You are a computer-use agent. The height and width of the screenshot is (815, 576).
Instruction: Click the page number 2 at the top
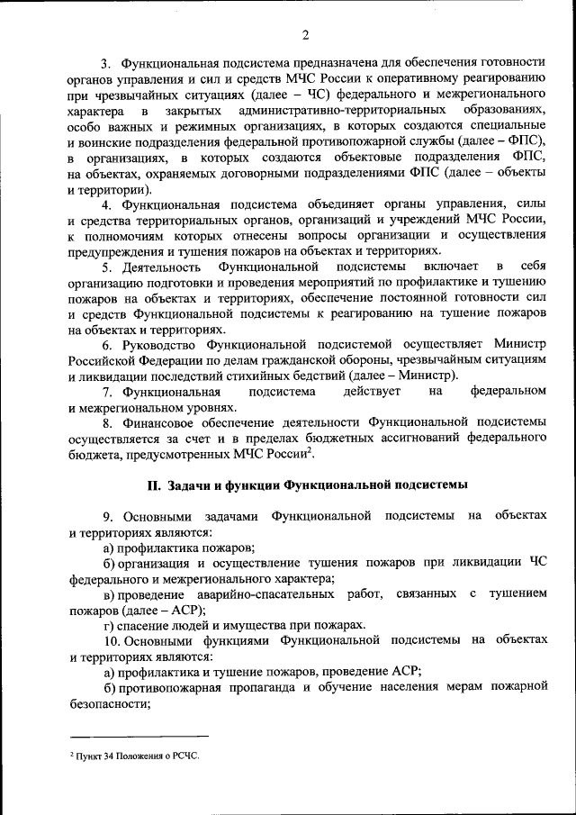coord(305,35)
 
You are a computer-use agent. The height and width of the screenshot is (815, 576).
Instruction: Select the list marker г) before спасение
coord(109,625)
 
